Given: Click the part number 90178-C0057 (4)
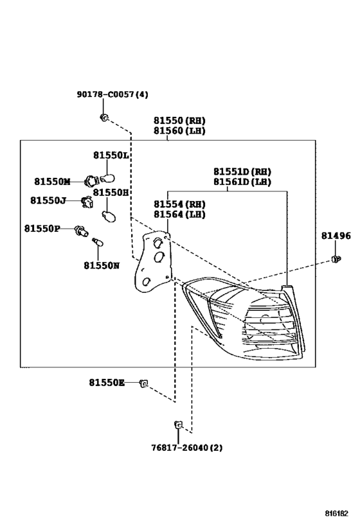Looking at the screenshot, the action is (x=113, y=94).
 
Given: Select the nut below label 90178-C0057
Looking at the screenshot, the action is (x=104, y=117).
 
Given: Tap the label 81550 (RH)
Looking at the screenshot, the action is (x=179, y=121).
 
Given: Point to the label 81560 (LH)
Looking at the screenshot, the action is (x=179, y=130).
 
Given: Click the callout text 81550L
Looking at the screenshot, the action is (x=111, y=155).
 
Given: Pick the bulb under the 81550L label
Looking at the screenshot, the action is (x=108, y=177).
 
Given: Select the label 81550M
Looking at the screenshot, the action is (x=52, y=182).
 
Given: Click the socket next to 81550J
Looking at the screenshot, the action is (x=87, y=202).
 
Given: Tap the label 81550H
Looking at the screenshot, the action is (x=111, y=192).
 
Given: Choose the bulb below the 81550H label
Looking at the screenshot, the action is (x=109, y=216).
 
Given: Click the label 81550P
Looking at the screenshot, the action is (x=42, y=229).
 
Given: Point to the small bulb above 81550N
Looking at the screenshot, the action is (x=98, y=242).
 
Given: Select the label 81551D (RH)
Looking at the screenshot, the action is (x=242, y=171).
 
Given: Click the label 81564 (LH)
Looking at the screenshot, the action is (x=179, y=215).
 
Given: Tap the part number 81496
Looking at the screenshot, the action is (x=336, y=236).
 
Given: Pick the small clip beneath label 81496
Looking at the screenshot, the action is (x=336, y=259).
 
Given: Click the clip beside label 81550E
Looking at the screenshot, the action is (x=145, y=383).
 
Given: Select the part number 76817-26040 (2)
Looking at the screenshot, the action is (x=186, y=448).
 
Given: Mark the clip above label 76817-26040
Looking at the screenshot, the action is (x=178, y=425).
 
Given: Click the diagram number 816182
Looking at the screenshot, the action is (x=336, y=513).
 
